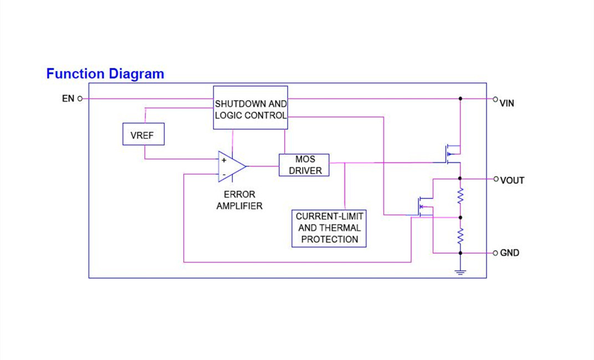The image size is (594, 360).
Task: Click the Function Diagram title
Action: click(x=105, y=74)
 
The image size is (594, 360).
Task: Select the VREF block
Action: click(x=143, y=135)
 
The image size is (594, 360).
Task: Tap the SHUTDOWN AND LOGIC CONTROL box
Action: click(x=250, y=108)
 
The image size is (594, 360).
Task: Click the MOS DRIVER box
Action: click(x=304, y=165)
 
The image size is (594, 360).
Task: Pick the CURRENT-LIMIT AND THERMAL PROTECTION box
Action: click(x=329, y=228)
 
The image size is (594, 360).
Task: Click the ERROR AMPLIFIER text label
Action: click(x=239, y=200)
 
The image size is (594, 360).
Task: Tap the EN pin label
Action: click(x=68, y=99)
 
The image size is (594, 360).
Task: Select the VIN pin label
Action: click(x=507, y=103)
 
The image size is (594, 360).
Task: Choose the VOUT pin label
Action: click(x=512, y=180)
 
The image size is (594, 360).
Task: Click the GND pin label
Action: click(x=510, y=253)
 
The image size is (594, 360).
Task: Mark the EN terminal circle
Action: click(x=80, y=99)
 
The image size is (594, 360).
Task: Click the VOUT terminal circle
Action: click(x=496, y=179)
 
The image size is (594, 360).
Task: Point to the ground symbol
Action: click(x=460, y=271)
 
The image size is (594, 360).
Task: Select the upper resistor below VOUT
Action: click(x=460, y=196)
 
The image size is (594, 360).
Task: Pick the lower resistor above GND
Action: click(x=460, y=235)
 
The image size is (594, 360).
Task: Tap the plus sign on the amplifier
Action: click(x=224, y=160)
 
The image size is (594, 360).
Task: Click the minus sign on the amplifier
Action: click(x=224, y=174)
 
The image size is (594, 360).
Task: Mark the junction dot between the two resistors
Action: click(x=460, y=218)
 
